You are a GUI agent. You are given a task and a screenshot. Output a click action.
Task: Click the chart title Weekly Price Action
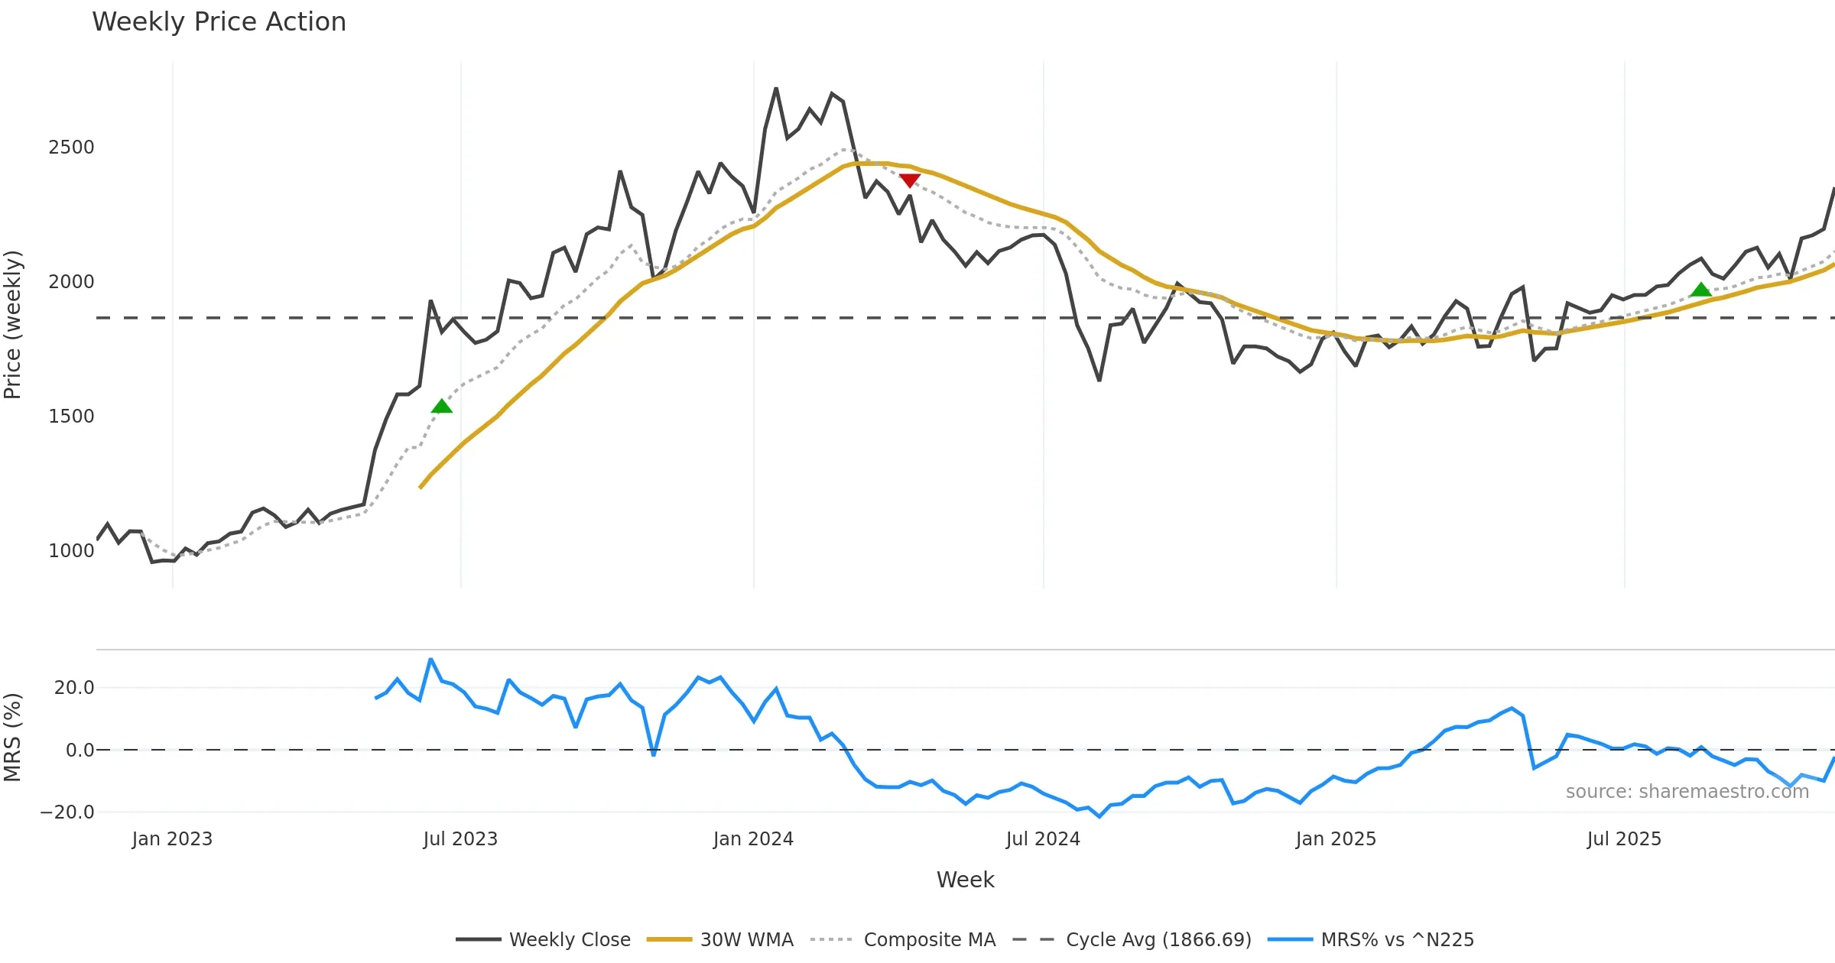coord(219,22)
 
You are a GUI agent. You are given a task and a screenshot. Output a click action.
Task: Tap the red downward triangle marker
coord(909,180)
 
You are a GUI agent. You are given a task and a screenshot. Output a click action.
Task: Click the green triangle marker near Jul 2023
coord(441,406)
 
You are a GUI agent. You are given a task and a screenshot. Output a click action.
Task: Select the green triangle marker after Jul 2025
coord(1700,289)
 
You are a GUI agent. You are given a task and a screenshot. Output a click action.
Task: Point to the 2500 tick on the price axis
coord(71,148)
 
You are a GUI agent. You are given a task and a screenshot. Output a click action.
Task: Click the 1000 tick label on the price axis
coord(71,551)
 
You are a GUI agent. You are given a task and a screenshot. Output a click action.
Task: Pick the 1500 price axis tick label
coord(71,417)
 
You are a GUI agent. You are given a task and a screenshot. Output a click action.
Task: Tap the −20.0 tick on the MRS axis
coord(67,812)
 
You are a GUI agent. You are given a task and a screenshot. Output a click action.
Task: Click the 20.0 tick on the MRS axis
coord(74,688)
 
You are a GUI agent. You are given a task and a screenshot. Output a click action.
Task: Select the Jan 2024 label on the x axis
coord(753,839)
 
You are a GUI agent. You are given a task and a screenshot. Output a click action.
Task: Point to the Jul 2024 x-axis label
coord(1043,839)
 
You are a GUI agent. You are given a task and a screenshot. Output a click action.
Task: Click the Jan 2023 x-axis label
coord(172,839)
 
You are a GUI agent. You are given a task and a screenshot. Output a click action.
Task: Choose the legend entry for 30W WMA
coord(746,939)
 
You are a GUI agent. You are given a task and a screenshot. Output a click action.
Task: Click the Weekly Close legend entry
coord(570,939)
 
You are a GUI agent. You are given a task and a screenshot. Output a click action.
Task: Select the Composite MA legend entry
coord(929,939)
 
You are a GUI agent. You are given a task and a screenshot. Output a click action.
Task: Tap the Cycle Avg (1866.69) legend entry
coord(1158,939)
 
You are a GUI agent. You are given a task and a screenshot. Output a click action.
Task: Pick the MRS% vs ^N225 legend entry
coord(1397,939)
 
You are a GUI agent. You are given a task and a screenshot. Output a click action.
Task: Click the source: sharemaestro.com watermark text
coord(1687,792)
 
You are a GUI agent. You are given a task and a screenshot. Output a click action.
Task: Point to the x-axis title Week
coord(965,880)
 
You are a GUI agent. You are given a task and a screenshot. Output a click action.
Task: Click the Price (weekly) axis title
coord(13,325)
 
